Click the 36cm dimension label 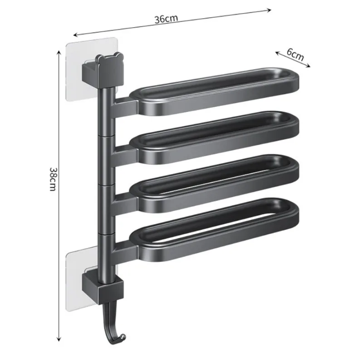(166, 19)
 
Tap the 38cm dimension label (53, 179)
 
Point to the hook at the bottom (113, 327)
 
